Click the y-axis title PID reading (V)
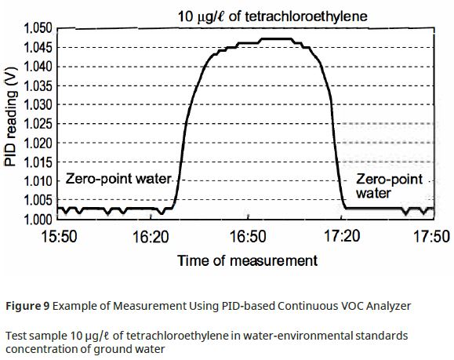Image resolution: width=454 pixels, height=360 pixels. point(10,124)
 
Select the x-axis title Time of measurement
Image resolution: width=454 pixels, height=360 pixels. point(247,260)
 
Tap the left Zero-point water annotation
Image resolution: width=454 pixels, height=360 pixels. point(118,179)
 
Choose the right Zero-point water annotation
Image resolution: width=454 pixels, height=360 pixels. point(390,186)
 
